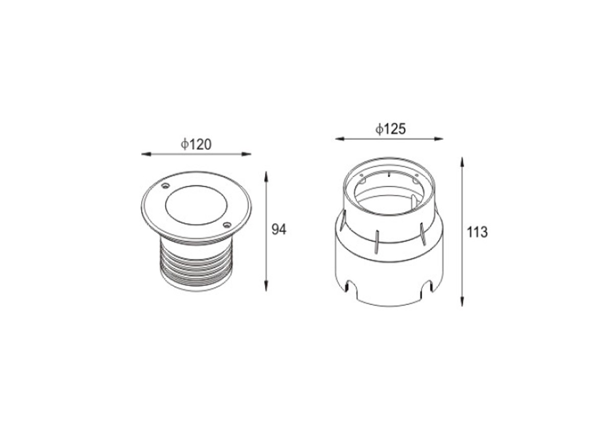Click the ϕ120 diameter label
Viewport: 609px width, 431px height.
click(x=196, y=144)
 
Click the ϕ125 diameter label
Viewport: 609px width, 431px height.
click(x=390, y=129)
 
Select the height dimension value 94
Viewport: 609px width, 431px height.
click(x=279, y=230)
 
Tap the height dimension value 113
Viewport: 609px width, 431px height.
click(x=477, y=232)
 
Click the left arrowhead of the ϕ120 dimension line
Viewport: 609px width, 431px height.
click(x=146, y=154)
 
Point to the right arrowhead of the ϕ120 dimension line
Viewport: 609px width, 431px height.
click(x=246, y=154)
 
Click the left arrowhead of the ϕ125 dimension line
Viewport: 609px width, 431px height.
click(x=340, y=138)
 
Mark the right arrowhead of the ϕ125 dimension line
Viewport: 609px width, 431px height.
click(x=439, y=138)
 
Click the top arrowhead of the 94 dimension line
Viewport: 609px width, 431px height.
click(x=266, y=176)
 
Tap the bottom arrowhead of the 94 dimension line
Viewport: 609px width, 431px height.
click(x=266, y=287)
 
